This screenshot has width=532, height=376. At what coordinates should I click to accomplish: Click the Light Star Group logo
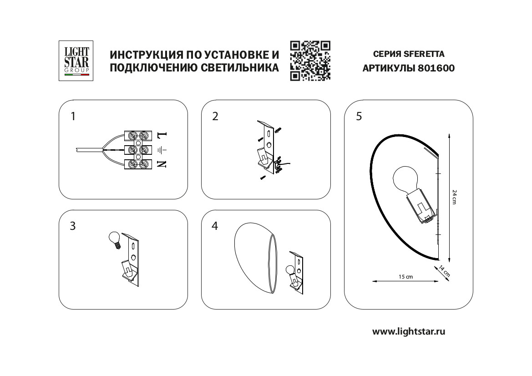click(76, 61)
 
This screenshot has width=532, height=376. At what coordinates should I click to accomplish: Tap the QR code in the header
click(310, 61)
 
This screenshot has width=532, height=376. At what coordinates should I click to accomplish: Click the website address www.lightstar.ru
click(408, 331)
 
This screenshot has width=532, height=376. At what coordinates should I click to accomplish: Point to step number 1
click(73, 117)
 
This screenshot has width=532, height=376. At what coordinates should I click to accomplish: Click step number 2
click(215, 117)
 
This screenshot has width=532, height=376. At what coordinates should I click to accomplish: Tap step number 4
click(215, 226)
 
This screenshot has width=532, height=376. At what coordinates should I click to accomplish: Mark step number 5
click(359, 117)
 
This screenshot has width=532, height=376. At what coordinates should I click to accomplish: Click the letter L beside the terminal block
click(162, 135)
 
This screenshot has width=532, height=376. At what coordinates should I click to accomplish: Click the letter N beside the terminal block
click(162, 164)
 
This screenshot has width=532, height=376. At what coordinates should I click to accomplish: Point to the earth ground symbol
click(162, 150)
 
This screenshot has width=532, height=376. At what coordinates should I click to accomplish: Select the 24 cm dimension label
click(454, 197)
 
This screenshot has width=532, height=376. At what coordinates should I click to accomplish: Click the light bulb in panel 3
click(115, 239)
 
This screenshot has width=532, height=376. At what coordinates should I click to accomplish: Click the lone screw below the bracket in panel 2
click(263, 178)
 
